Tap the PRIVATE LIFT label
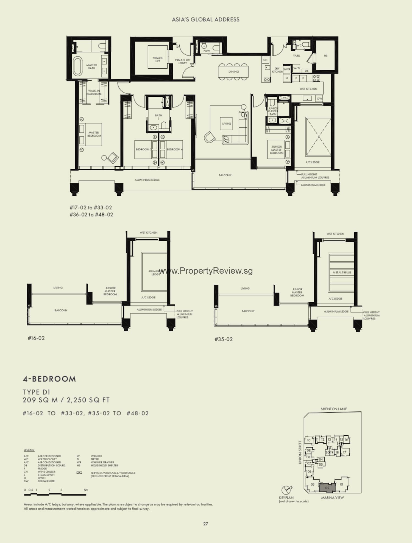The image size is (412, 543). (158, 59)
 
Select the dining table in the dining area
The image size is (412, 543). (233, 71)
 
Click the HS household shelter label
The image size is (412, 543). (325, 55)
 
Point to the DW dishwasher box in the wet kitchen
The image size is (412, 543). (319, 98)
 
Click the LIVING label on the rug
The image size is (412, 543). (227, 124)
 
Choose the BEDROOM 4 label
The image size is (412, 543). (174, 149)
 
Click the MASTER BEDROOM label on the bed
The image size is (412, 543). (94, 134)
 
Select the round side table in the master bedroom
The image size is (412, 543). (104, 158)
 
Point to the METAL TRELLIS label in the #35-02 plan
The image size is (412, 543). (342, 272)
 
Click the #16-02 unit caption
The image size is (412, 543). (36, 338)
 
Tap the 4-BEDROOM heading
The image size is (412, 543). (49, 379)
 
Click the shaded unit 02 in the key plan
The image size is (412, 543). (327, 488)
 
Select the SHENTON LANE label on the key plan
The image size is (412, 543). (333, 409)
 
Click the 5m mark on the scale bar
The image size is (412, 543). (86, 490)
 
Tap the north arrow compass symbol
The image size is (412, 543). (286, 490)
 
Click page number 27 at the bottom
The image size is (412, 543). (205, 524)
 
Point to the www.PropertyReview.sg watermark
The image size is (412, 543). (206, 271)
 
